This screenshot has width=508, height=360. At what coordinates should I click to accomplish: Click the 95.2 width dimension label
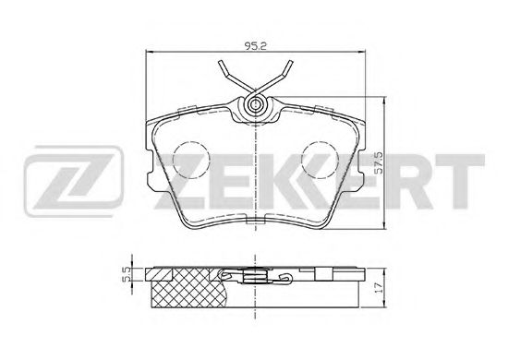pyautogui.click(x=255, y=46)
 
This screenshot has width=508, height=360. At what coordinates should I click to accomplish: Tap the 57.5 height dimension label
pyautogui.click(x=378, y=162)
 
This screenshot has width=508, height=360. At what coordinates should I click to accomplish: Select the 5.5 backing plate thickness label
pyautogui.click(x=127, y=274)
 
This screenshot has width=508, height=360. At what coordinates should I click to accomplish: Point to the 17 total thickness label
pyautogui.click(x=378, y=287)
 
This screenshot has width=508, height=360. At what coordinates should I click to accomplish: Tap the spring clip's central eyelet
pyautogui.click(x=256, y=104)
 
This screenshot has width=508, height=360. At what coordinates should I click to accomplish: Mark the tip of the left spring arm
pyautogui.click(x=221, y=62)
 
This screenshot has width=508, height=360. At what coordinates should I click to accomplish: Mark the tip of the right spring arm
pyautogui.click(x=291, y=62)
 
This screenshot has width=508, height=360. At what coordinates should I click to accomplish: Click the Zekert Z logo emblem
pyautogui.click(x=74, y=181)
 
